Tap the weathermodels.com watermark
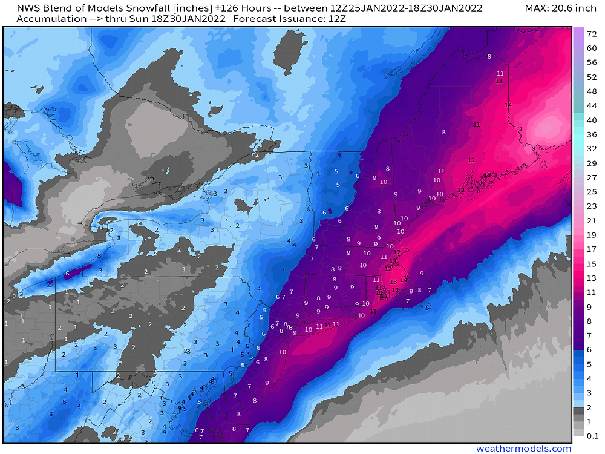pos(524,449)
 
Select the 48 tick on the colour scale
pos(592,91)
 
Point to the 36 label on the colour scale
pos(592,134)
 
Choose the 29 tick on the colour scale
pos(592,163)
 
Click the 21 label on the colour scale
pos(592,220)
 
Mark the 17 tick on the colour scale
pos(592,249)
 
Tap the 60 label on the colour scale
pos(592,48)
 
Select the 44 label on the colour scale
pos(592,106)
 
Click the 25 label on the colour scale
pos(592,192)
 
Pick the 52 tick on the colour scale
pos(592,77)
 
